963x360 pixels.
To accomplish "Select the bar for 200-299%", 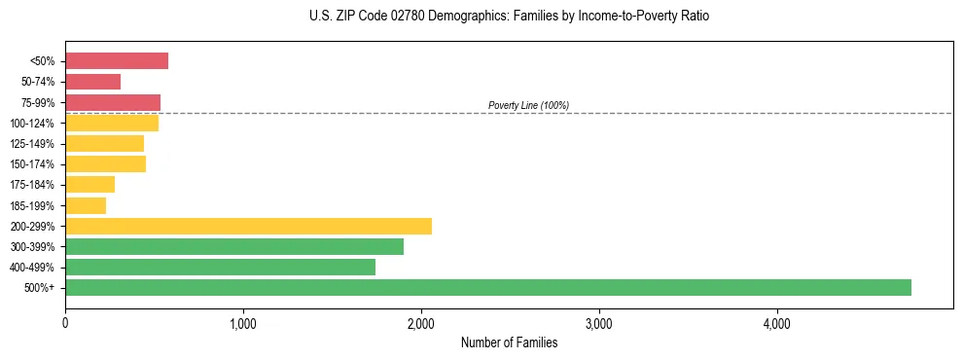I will (x=248, y=226).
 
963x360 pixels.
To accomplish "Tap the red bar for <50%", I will (x=117, y=61).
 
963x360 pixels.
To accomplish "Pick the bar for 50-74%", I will (x=92, y=82).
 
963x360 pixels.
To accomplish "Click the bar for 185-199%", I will (x=86, y=205).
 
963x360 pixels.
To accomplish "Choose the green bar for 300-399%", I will (x=234, y=246).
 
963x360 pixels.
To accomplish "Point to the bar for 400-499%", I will (x=220, y=267).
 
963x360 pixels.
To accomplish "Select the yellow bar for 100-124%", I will (x=112, y=123).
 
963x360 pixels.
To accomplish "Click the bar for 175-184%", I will (x=89, y=185).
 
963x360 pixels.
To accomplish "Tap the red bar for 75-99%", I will (x=113, y=102).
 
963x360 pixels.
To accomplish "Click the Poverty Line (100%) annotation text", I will (x=528, y=105).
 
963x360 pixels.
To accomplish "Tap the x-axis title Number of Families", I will (x=509, y=342).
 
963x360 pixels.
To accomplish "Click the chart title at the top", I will (x=510, y=17).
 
